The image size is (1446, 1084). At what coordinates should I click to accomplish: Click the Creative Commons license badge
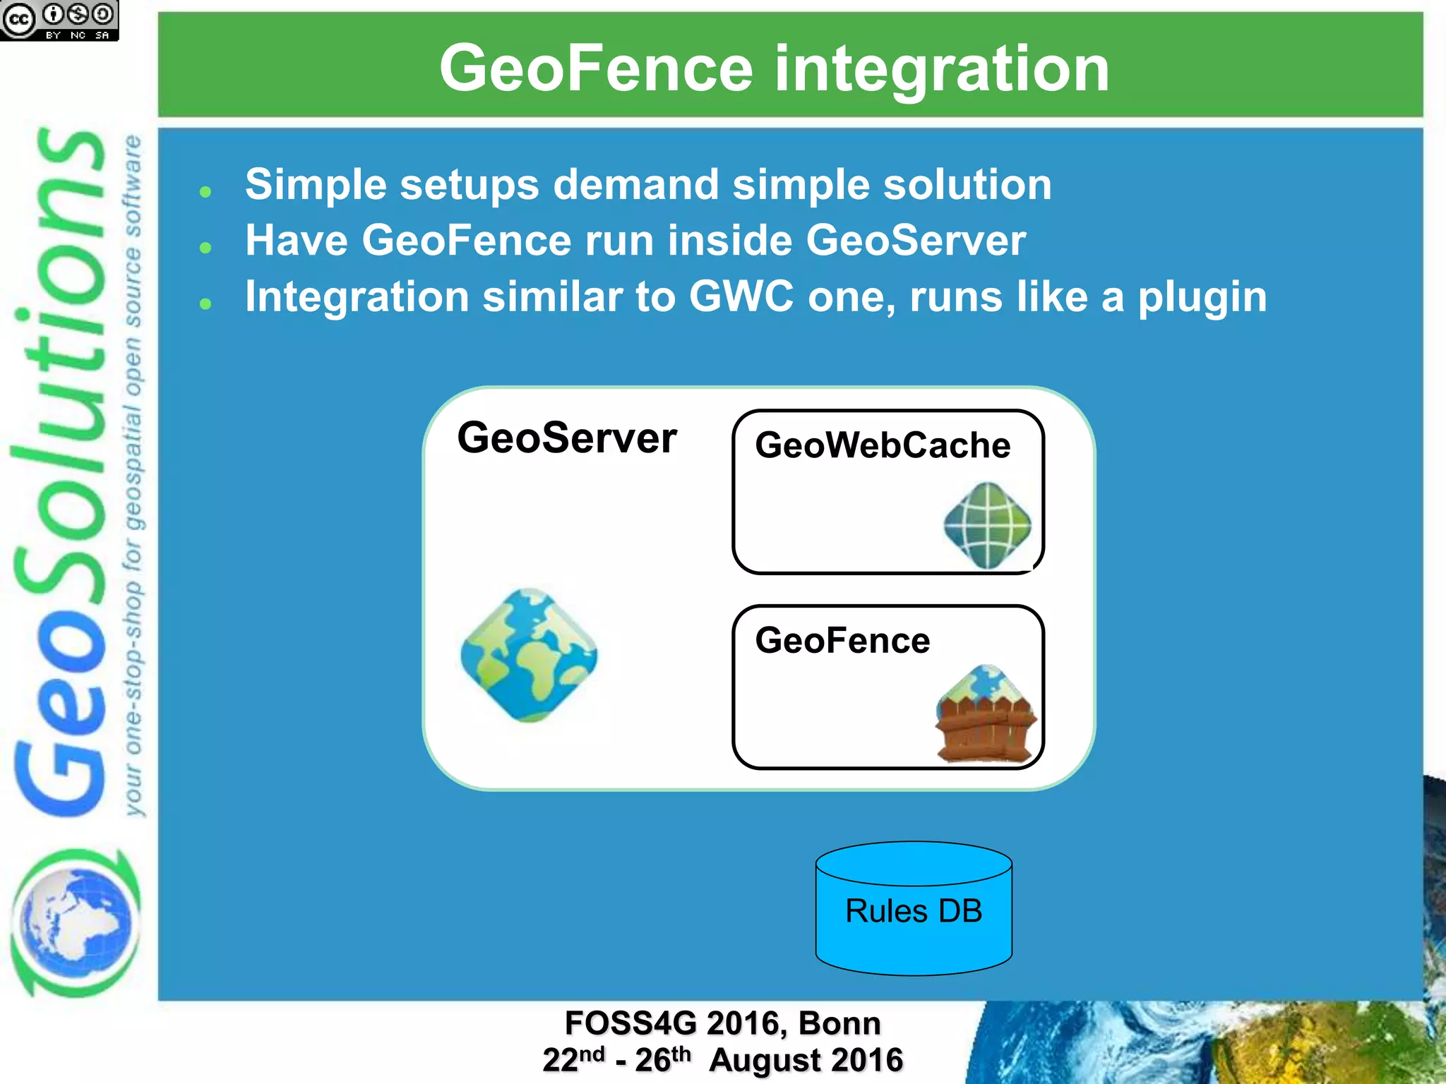coord(59,20)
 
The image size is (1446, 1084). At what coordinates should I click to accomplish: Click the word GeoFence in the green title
coord(596,68)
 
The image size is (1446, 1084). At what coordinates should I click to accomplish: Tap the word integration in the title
coord(942,68)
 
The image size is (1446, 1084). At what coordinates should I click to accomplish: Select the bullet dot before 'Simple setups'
coord(205,191)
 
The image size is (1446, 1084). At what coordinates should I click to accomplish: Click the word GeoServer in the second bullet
coord(915,240)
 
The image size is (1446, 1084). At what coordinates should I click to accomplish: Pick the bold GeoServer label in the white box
coord(567,438)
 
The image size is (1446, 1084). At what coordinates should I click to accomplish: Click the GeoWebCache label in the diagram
coord(883,445)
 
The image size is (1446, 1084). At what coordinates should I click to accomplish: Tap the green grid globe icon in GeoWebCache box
coord(987,525)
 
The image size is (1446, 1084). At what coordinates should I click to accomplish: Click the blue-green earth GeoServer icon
coord(529,655)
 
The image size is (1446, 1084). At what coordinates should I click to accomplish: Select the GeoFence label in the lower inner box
coord(842,641)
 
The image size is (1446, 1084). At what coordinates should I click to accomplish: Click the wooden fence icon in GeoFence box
coord(986,714)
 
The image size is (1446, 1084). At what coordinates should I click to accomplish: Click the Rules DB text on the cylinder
coord(914,911)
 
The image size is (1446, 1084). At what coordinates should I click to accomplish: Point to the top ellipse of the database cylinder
coord(914,863)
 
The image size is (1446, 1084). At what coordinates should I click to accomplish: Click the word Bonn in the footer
coord(839,1023)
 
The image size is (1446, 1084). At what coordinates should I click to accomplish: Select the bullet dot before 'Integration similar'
coord(205,303)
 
